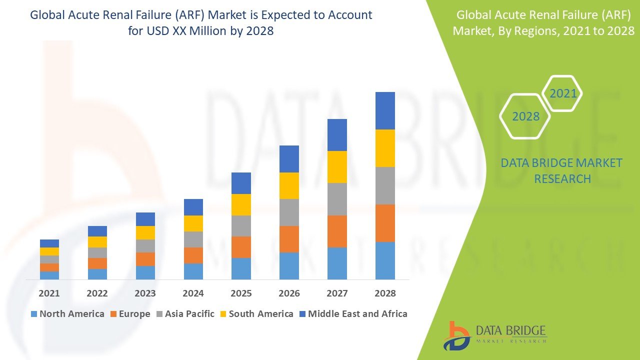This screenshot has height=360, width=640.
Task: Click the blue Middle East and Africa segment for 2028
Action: tap(385, 110)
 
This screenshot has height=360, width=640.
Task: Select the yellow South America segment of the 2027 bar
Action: tap(337, 167)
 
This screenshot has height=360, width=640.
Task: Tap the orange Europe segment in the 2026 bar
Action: tap(289, 239)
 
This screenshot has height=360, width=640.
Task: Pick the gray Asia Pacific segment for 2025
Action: tap(241, 226)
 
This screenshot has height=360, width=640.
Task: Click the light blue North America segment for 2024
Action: tap(193, 271)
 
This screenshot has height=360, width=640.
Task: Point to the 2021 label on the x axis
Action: tap(49, 293)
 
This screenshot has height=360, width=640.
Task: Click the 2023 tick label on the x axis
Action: tap(145, 293)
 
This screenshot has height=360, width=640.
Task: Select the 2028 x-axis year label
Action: tap(385, 293)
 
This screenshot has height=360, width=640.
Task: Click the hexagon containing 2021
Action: tap(562, 93)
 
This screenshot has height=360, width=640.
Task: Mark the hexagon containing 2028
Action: tap(525, 116)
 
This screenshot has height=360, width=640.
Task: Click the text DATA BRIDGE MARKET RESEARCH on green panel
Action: tap(562, 170)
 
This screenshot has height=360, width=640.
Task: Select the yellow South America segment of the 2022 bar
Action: tap(97, 242)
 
